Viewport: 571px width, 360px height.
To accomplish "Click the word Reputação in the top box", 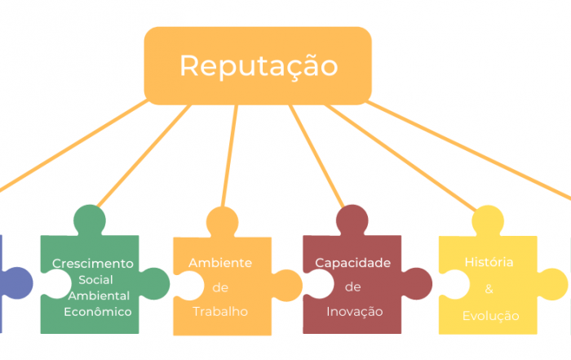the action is (x=259, y=66).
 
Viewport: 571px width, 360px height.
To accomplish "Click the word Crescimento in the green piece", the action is (x=93, y=264).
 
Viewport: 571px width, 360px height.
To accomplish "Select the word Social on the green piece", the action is (x=95, y=280).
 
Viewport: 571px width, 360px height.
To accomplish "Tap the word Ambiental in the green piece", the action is (x=99, y=296).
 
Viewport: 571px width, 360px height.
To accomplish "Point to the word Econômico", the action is (x=98, y=312).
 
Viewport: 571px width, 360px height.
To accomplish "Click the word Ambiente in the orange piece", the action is (x=220, y=263).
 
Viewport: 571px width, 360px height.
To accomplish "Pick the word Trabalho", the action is (x=220, y=312).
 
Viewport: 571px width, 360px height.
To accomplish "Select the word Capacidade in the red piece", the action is (x=353, y=263).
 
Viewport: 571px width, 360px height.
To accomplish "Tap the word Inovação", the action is (x=355, y=312).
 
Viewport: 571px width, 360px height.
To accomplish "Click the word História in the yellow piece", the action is (x=489, y=262).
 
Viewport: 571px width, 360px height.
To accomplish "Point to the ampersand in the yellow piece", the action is (x=489, y=289).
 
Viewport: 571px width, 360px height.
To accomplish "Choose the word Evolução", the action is (x=491, y=316).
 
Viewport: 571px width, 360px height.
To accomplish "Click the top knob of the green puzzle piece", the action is (x=90, y=220).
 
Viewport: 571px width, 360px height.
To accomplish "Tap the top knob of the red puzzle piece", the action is (x=352, y=220).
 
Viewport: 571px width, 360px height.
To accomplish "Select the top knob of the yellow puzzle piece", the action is (x=488, y=221).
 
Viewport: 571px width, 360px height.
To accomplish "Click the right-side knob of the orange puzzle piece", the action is (x=287, y=286).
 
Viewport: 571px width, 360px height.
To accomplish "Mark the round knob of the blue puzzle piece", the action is (x=16, y=283).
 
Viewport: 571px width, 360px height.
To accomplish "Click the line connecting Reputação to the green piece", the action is (x=144, y=156).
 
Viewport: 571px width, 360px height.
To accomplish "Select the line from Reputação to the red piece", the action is (x=316, y=156).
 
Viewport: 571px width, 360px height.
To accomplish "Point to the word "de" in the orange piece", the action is (x=220, y=287).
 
